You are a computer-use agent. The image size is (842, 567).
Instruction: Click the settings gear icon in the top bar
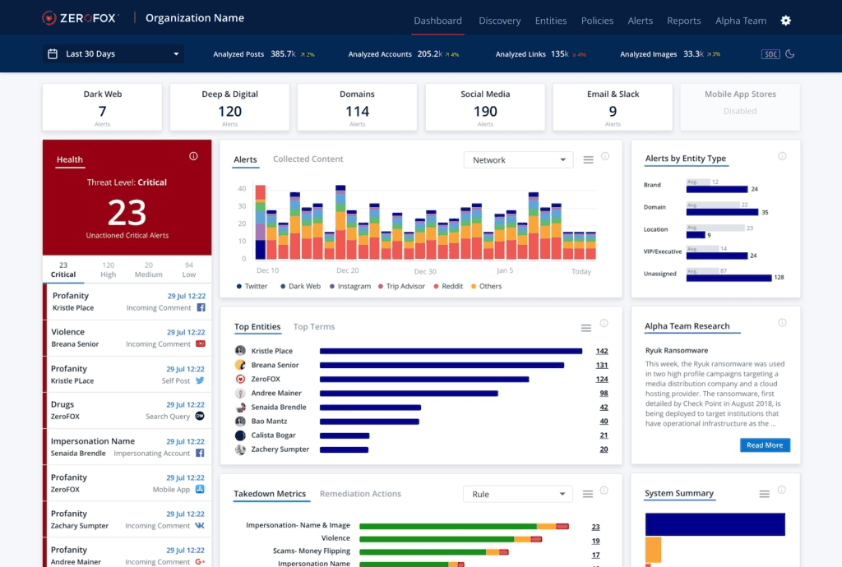pos(785,21)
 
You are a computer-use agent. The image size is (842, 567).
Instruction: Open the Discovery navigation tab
pos(499,21)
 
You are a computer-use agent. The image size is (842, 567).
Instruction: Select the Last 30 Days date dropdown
pos(113,54)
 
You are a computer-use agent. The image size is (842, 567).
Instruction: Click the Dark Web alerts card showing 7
pos(103,108)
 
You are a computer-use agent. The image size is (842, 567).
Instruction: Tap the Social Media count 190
pos(485,112)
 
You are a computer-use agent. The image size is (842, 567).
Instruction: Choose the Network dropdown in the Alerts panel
pos(518,160)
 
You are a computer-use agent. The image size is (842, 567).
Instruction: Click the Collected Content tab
pos(308,159)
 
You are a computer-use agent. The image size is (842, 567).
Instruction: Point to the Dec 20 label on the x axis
pos(348,270)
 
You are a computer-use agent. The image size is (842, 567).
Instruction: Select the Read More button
pos(765,445)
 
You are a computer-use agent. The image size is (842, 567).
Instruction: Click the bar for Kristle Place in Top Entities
pos(451,351)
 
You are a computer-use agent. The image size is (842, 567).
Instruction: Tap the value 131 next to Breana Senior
pos(602,365)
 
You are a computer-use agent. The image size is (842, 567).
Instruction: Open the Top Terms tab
pos(314,327)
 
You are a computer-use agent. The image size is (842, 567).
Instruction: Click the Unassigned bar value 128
pos(779,278)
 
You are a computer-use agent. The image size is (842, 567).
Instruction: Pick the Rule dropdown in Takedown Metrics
pos(518,494)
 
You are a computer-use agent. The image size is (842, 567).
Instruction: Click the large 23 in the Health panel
pos(127,213)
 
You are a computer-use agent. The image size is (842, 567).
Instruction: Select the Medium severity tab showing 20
pos(148,270)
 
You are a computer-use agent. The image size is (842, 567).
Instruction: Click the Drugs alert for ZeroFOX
pos(127,410)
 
